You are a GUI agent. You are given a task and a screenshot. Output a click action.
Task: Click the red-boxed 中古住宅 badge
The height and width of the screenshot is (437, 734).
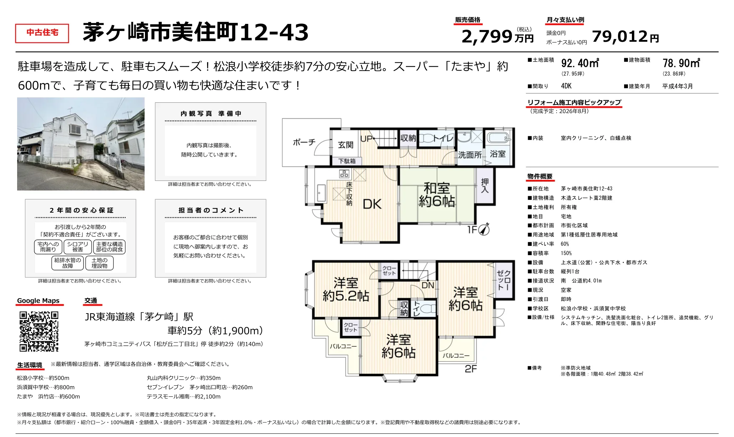(x=42, y=33)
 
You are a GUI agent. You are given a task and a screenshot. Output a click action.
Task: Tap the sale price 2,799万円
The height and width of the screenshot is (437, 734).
(x=498, y=36)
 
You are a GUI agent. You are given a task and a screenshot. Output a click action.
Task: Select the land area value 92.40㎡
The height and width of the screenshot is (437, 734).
(x=580, y=63)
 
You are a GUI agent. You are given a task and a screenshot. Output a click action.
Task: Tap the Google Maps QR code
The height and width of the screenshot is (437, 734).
(x=39, y=331)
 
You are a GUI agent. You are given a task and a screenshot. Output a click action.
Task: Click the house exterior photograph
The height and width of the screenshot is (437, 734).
(x=81, y=144)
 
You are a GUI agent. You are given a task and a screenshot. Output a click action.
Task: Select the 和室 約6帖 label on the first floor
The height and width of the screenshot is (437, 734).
(x=437, y=195)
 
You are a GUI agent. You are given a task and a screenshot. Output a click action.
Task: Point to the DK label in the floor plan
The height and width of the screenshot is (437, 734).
(x=372, y=204)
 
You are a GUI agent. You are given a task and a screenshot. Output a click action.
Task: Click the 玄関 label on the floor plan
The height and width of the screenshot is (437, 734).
(x=346, y=145)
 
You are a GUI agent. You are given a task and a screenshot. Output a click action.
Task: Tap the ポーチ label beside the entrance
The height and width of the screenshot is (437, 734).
(x=304, y=142)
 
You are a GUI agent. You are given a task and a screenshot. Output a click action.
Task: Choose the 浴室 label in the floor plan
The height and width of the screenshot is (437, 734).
(x=498, y=154)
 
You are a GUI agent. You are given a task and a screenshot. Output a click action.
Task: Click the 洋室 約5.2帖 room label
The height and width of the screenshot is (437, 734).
(x=346, y=289)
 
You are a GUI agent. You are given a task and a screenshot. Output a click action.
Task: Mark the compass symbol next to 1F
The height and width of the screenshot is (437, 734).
(x=484, y=229)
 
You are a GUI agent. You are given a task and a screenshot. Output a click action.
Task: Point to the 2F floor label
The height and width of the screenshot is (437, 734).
(x=471, y=369)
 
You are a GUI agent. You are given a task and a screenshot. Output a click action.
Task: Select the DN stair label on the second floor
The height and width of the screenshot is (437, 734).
(x=428, y=285)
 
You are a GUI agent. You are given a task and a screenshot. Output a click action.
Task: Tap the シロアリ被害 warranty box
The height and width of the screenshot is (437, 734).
(x=77, y=247)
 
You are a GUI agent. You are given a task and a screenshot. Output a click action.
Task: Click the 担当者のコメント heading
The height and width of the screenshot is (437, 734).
(x=211, y=210)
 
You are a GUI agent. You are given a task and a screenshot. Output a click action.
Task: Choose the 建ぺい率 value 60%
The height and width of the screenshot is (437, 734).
(x=565, y=244)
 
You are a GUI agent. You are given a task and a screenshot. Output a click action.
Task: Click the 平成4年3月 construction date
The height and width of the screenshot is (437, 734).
(x=678, y=86)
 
